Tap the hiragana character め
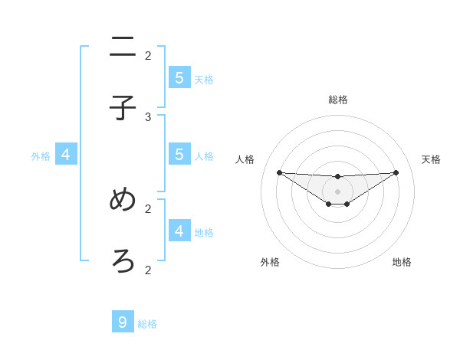point(123,200)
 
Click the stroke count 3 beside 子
point(148,116)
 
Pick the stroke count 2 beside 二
point(148,55)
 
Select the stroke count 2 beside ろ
point(148,270)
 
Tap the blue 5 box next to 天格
point(179,77)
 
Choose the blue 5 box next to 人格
point(179,154)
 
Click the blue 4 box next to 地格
point(179,230)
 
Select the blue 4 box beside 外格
point(66,155)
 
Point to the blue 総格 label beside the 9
point(147,324)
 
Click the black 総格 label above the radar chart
point(338,100)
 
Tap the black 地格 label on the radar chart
point(402,262)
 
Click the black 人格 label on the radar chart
point(245,159)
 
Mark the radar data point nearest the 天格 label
point(396,172)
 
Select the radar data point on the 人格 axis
point(279,172)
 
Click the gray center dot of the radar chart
point(337,191)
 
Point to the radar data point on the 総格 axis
point(337,177)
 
